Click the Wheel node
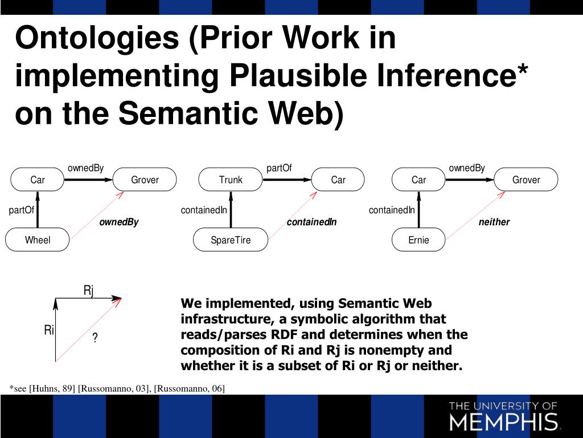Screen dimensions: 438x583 (38, 240)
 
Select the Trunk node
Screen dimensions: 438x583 (231, 180)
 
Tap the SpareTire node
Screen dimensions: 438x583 (231, 240)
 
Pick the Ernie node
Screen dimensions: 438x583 (418, 240)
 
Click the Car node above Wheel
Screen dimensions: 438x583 (38, 180)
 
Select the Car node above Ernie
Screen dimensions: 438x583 (418, 180)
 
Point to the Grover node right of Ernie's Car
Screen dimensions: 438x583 (526, 180)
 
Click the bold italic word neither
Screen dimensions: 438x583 (494, 222)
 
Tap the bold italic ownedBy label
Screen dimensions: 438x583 (119, 222)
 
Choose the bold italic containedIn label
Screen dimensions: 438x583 (311, 222)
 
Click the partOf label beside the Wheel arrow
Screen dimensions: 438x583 (22, 210)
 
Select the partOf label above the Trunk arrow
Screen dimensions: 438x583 (279, 168)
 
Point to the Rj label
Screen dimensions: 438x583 (89, 291)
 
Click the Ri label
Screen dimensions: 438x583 (49, 330)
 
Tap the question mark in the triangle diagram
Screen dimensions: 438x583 (95, 339)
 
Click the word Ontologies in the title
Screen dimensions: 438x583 (97, 38)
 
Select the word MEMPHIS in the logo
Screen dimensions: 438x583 (503, 422)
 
